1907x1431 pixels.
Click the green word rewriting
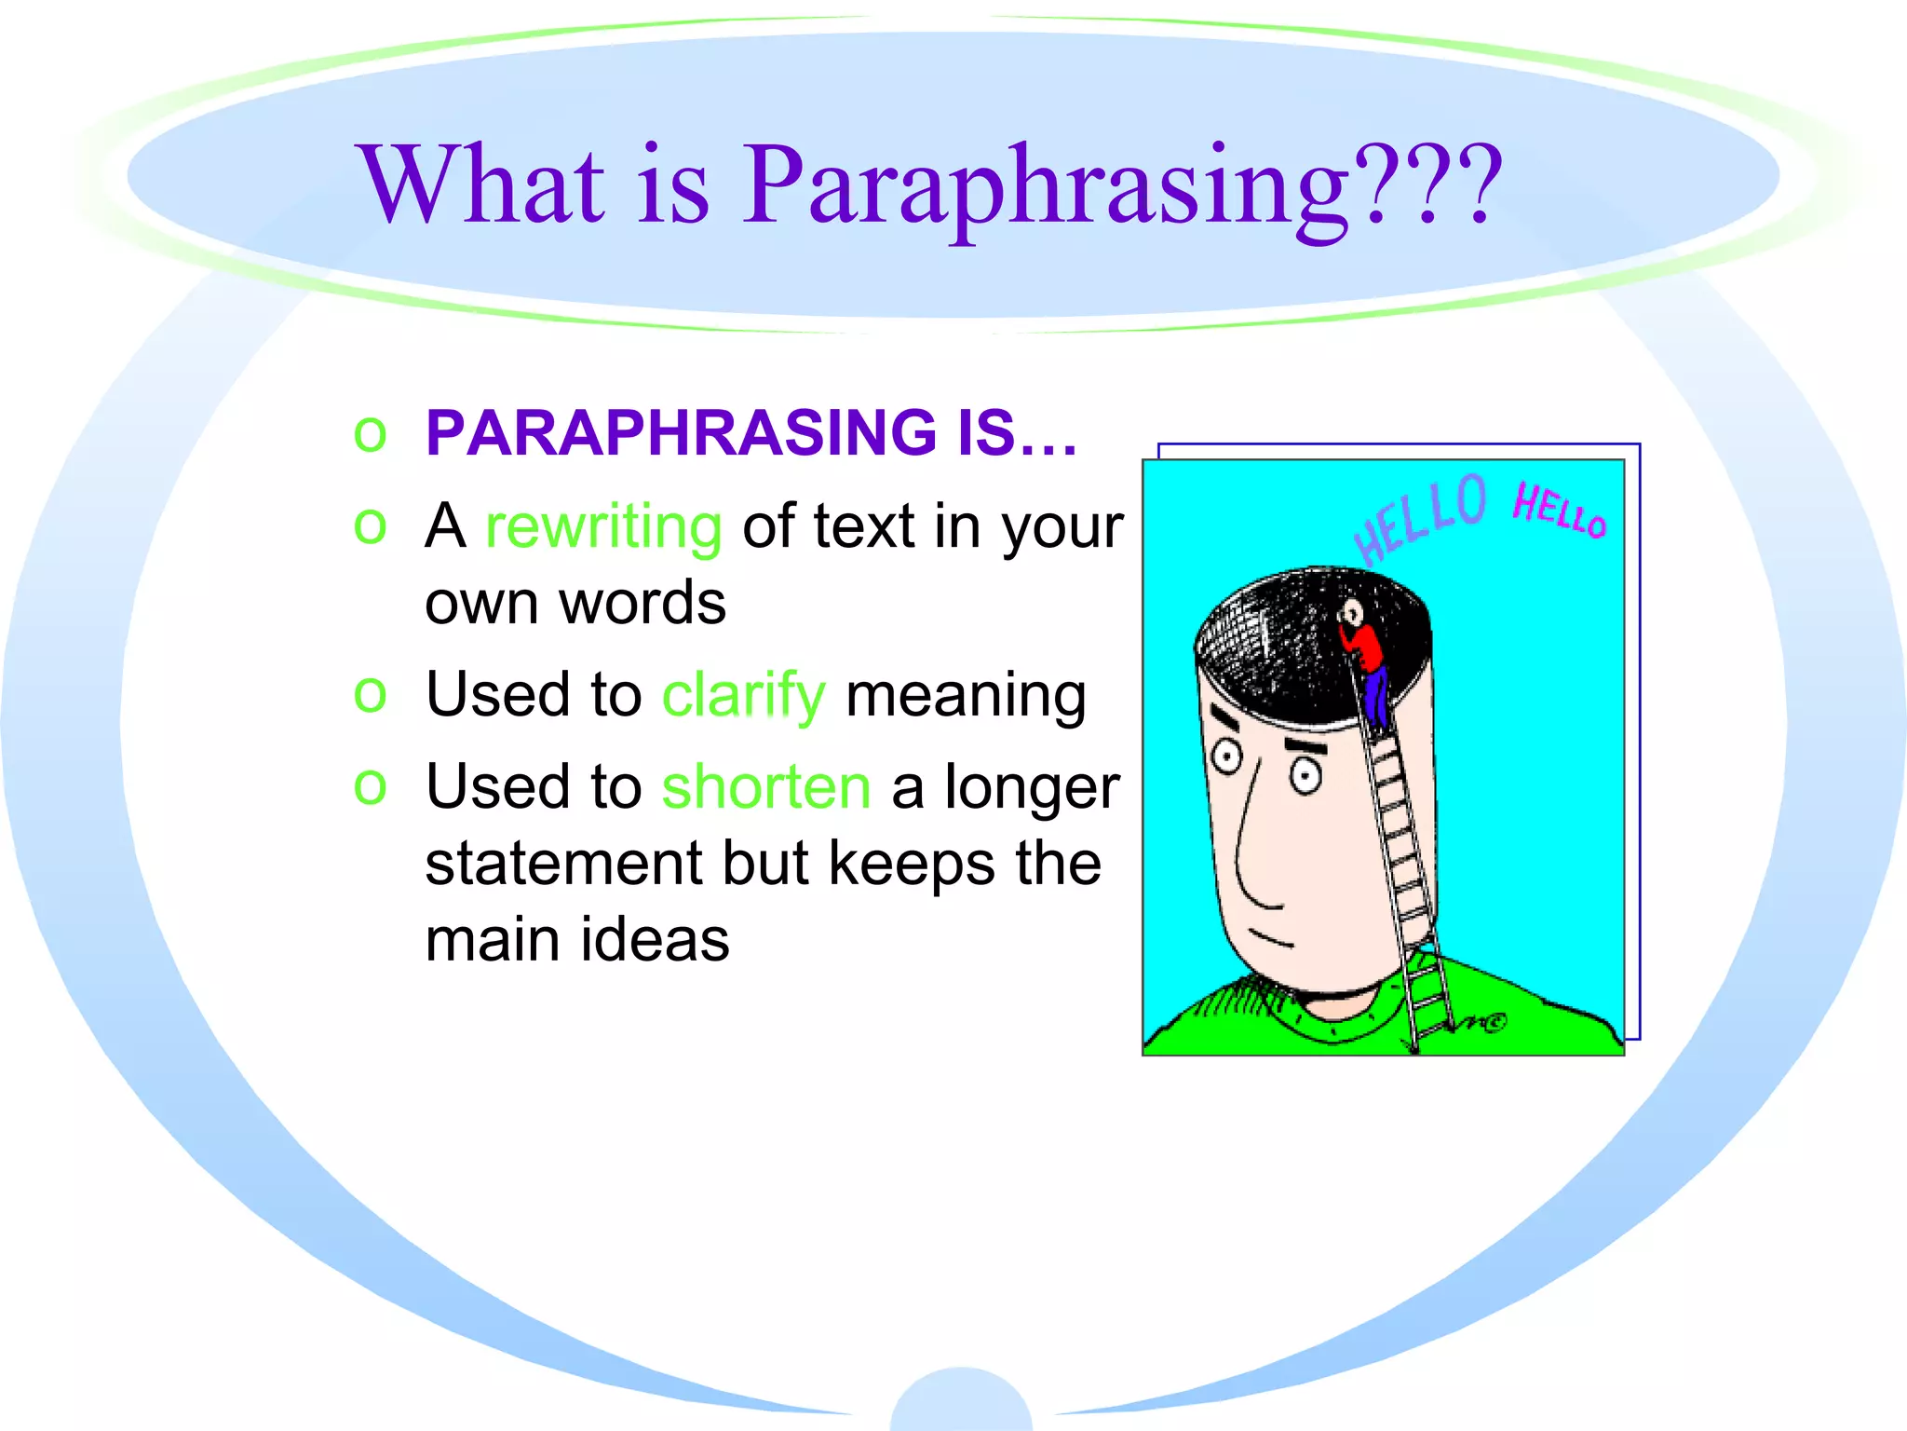[x=603, y=527]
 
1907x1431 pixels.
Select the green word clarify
[x=743, y=695]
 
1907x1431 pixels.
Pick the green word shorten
[x=765, y=787]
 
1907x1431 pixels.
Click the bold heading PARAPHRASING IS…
[x=751, y=433]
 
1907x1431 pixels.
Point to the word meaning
[x=966, y=695]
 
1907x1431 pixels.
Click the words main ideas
[x=577, y=939]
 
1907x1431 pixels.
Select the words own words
[x=575, y=603]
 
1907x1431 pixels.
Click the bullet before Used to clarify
[x=370, y=695]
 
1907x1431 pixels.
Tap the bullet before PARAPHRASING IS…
[x=370, y=434]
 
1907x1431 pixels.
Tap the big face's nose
[x=1252, y=857]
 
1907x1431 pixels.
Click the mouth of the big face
[x=1270, y=937]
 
